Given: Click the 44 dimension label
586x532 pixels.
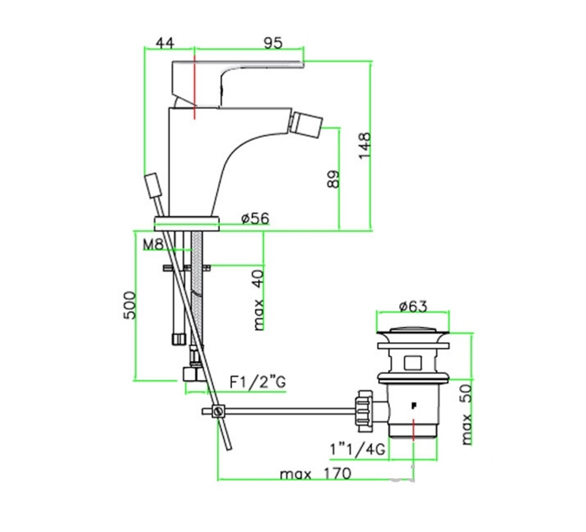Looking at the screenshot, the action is (165, 43).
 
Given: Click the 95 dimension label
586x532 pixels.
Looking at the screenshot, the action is (273, 43).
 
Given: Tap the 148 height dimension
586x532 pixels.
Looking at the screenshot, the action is (365, 146).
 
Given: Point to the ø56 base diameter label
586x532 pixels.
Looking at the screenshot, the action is (255, 218).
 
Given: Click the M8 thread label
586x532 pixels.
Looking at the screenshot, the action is (153, 245).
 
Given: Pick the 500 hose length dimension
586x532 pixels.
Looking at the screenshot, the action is (130, 305).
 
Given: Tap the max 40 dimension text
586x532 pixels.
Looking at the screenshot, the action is (258, 300).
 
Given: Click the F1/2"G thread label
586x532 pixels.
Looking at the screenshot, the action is (257, 383).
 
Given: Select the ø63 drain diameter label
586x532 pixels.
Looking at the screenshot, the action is (413, 306).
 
